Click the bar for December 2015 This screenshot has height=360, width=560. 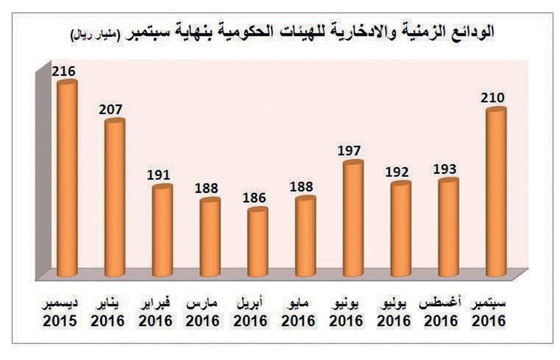(x=67, y=179)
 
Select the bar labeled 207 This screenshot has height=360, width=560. (x=115, y=199)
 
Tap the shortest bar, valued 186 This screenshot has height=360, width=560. (x=258, y=244)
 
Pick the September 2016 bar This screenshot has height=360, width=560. (x=496, y=193)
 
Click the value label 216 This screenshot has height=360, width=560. (x=63, y=71)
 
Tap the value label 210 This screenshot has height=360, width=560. (x=493, y=98)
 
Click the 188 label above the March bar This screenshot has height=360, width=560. (x=207, y=188)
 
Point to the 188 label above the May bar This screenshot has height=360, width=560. (x=302, y=186)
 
